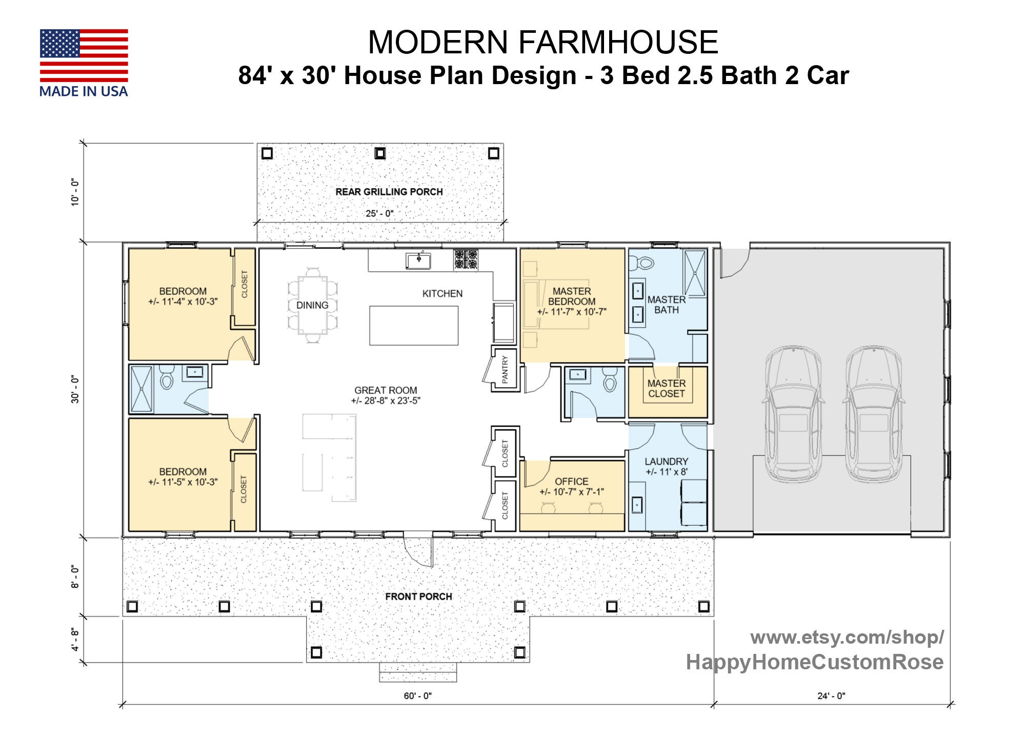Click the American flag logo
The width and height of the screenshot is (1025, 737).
point(84,55)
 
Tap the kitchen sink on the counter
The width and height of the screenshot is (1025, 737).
point(418,261)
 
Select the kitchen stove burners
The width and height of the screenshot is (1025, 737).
point(465,260)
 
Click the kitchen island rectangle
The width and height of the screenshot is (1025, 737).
point(414,326)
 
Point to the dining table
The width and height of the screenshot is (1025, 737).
point(312,305)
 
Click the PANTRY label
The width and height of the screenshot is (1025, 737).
point(505,369)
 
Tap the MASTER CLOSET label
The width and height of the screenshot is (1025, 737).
point(666,389)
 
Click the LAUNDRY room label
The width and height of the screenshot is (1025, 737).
point(666,462)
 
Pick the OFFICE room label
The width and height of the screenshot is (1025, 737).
point(571,482)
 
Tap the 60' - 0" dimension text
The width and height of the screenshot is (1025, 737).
point(417,696)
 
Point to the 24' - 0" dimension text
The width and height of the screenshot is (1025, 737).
point(831,696)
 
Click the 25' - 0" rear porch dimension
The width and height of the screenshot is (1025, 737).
point(379,213)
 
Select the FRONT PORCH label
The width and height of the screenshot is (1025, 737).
point(418,596)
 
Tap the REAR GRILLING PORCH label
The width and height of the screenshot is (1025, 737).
point(389,192)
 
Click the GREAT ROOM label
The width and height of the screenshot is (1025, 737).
point(386,390)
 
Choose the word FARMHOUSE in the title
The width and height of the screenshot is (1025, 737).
point(617,42)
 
